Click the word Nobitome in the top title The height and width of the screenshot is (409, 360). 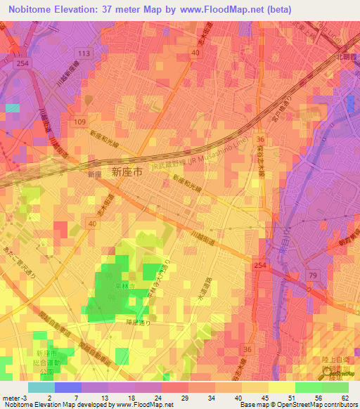(34, 10)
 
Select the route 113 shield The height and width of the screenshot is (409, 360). (84, 53)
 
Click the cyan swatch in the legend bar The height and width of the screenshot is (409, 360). (41, 387)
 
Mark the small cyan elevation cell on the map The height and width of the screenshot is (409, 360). (13, 108)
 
